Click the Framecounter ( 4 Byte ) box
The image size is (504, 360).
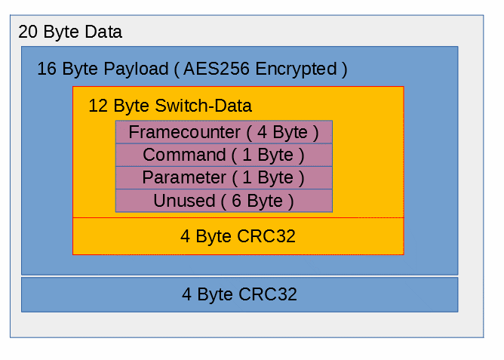tap(224, 132)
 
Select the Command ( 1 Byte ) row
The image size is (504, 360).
tap(224, 155)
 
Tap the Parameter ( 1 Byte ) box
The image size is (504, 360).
tap(224, 178)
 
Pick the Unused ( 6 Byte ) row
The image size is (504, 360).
tap(224, 201)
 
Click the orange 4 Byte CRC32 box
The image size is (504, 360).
tap(238, 236)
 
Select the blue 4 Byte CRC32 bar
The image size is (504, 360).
tap(239, 294)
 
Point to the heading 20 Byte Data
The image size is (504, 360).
tap(70, 32)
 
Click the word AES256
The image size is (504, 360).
tap(217, 69)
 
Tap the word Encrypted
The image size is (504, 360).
tap(296, 69)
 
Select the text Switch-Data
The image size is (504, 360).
tap(203, 106)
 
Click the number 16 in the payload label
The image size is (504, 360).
tap(47, 69)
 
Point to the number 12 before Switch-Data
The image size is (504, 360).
tap(98, 106)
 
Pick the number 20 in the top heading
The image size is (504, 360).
tap(28, 32)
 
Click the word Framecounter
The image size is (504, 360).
tap(184, 132)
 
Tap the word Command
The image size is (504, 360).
tap(184, 155)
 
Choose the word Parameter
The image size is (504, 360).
tap(184, 177)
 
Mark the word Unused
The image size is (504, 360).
tap(184, 201)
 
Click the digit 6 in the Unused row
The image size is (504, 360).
tap(236, 201)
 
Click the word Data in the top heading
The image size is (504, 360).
tap(103, 32)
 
